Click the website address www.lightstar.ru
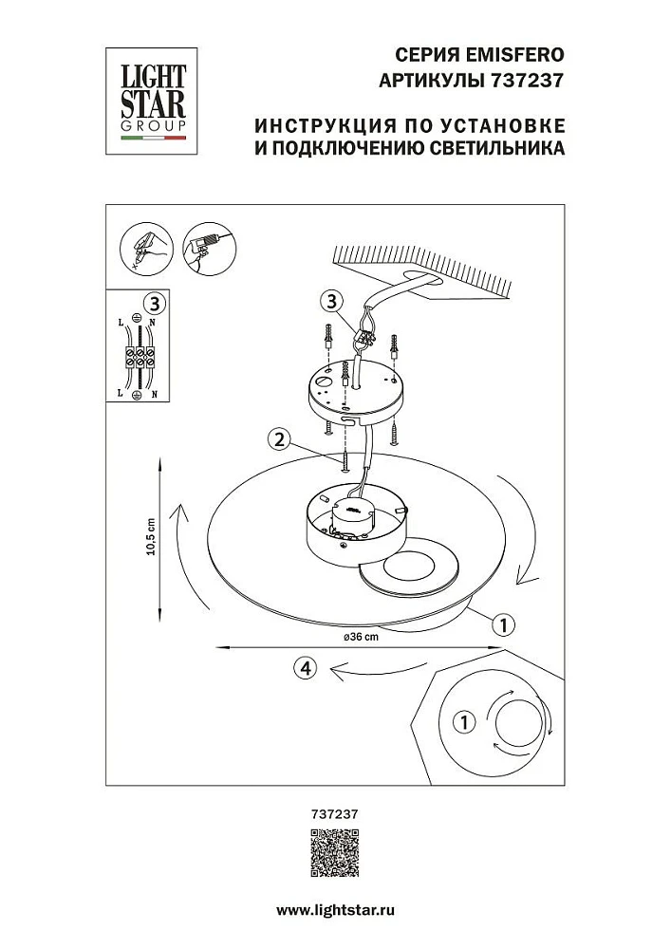[x=335, y=909]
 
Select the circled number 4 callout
[x=304, y=668]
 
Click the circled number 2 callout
[x=278, y=439]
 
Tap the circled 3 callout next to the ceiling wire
[x=329, y=302]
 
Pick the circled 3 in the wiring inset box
[x=158, y=304]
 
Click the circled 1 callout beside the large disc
[x=504, y=624]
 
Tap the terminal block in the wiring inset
[x=140, y=358]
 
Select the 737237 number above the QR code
[x=335, y=812]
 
